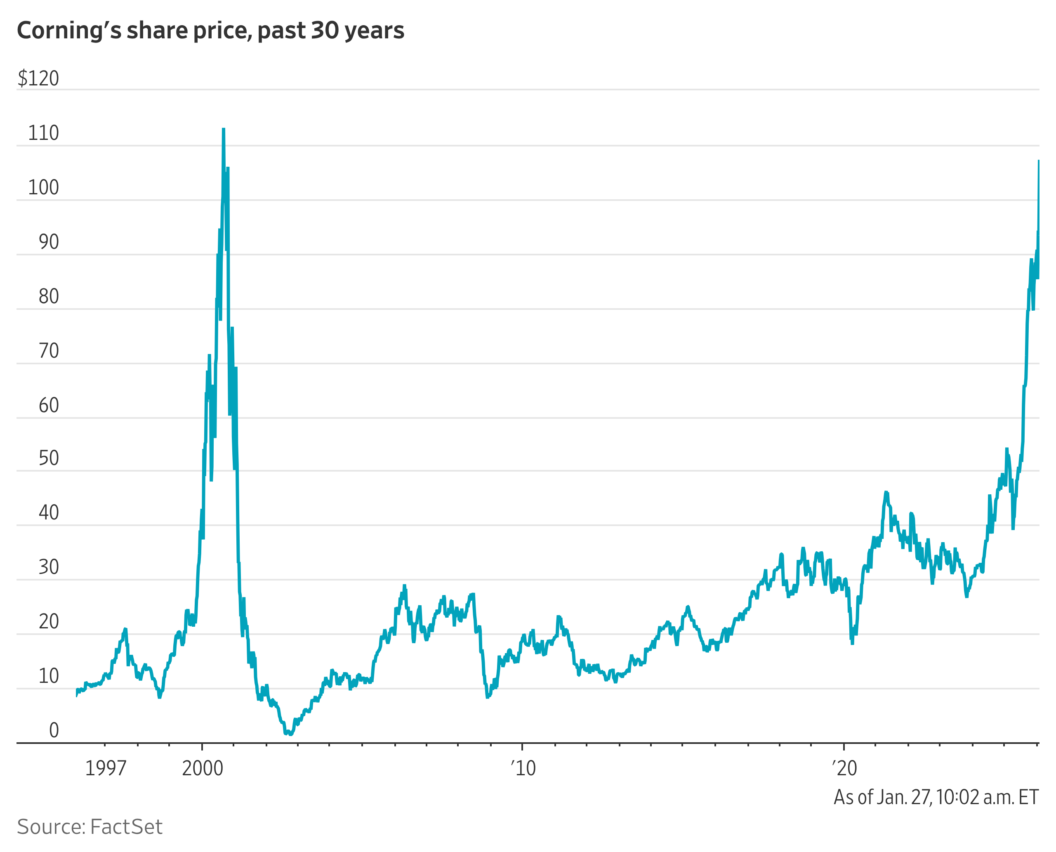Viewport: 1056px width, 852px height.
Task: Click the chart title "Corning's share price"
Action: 210,31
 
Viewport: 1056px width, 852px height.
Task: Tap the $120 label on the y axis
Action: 38,78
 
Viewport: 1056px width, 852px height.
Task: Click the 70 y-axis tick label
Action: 49,351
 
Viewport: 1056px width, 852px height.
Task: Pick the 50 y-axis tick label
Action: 49,458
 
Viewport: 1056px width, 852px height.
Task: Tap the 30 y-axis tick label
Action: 49,567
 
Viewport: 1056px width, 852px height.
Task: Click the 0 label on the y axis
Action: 54,730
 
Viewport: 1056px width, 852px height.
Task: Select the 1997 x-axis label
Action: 106,768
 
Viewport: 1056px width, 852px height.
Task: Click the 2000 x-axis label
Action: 202,768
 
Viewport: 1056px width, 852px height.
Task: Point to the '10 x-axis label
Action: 523,768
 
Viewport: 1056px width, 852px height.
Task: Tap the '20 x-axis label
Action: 844,768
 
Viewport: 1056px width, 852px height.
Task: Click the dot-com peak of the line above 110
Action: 223,130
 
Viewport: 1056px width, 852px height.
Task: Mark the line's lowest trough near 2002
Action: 290,734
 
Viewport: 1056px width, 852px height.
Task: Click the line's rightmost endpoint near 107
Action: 1038,161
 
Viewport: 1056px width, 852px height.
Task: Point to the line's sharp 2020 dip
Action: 852,643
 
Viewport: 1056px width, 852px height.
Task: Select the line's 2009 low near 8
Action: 487,696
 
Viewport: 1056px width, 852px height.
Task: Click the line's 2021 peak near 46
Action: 886,492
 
